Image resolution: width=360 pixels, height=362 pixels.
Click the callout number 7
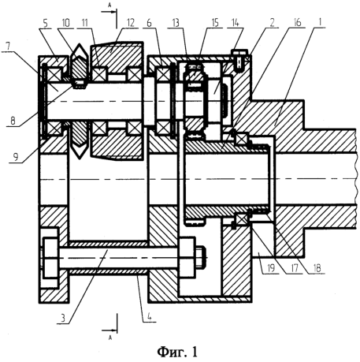8,47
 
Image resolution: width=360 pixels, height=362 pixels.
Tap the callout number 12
130,23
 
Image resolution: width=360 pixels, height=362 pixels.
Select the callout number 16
297,23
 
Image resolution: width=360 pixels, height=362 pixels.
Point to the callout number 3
63,318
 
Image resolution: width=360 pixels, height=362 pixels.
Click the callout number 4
150,317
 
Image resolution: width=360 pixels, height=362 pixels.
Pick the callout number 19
270,268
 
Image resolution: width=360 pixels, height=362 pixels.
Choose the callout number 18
317,268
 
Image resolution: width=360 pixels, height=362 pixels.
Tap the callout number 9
16,157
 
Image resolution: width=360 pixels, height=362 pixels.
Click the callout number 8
13,121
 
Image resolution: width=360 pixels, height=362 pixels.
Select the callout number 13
176,23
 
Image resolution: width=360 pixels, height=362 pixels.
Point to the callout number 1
320,22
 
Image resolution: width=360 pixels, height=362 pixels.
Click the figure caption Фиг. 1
177,352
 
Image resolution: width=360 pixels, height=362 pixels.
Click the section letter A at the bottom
110,338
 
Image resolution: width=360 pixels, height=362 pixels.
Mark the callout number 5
45,23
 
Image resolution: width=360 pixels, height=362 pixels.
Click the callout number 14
236,23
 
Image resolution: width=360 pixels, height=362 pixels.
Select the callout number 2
272,23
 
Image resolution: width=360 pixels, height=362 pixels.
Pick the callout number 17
295,268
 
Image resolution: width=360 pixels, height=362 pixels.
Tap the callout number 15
215,23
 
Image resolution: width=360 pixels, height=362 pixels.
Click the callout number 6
149,23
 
